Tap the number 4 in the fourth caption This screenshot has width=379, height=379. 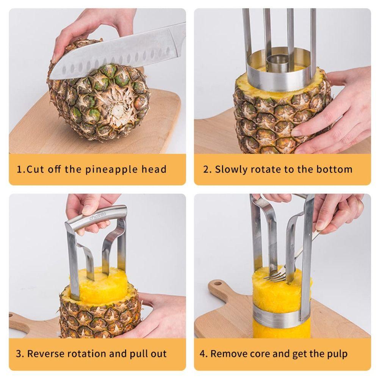[x=203, y=354]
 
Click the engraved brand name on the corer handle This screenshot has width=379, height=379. [x=98, y=216]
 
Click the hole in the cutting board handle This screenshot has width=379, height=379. [x=218, y=285]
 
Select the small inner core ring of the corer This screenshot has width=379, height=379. [x=279, y=61]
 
